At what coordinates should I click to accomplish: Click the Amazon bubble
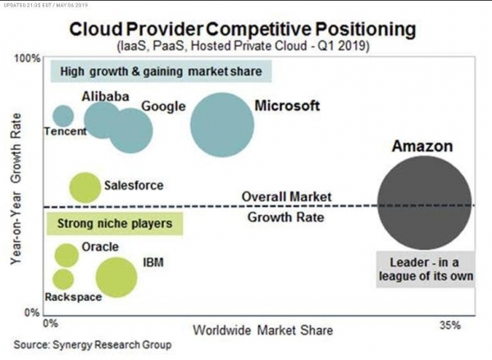424,203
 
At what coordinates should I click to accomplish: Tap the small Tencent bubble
63,117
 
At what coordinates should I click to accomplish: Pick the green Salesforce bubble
84,187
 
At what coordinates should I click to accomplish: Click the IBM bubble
116,276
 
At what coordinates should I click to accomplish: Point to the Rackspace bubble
64,279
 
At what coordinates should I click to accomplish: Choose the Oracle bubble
66,255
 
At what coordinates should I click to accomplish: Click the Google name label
163,107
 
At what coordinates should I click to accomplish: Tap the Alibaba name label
105,97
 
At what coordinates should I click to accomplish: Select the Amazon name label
422,147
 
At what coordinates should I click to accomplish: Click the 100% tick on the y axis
27,59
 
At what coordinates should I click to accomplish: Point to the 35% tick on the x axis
451,325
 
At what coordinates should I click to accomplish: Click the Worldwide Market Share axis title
262,330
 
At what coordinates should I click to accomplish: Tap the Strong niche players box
115,222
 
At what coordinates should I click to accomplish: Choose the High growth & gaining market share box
160,71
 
